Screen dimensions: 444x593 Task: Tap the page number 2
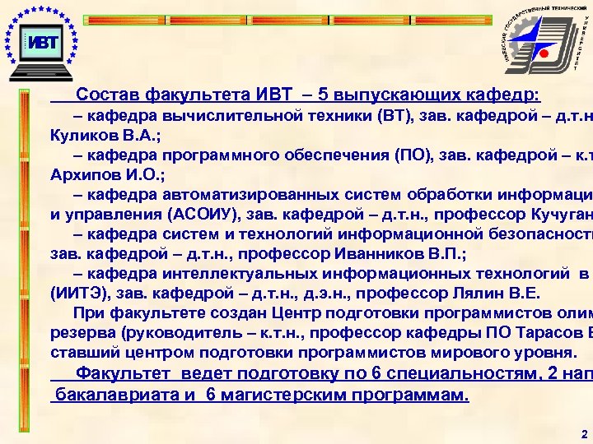tap(582, 432)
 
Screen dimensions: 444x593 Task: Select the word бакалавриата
tap(110, 394)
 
